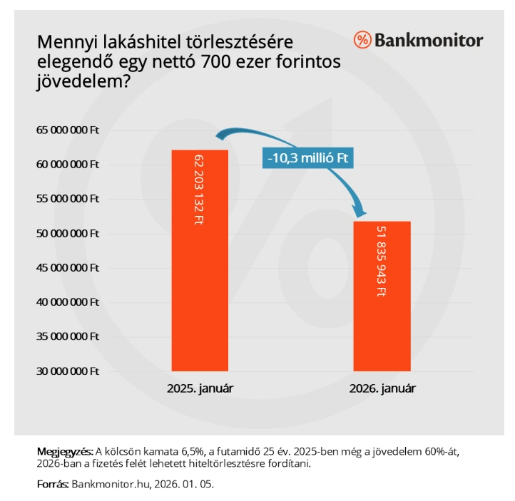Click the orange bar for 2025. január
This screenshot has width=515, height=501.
pyautogui.click(x=200, y=285)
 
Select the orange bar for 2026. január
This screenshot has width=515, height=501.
pyautogui.click(x=382, y=321)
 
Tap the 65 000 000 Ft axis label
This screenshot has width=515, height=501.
pyautogui.click(x=68, y=130)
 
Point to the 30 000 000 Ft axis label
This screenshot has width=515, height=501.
pyautogui.click(x=68, y=371)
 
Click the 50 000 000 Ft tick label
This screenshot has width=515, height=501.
pyautogui.click(x=68, y=234)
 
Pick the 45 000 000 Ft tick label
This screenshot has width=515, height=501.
pyautogui.click(x=68, y=268)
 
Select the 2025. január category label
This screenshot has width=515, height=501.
pyautogui.click(x=200, y=389)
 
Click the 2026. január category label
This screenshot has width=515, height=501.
pyautogui.click(x=382, y=389)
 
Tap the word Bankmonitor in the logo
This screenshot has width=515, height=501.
pyautogui.click(x=429, y=40)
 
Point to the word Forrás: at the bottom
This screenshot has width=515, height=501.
pyautogui.click(x=52, y=484)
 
